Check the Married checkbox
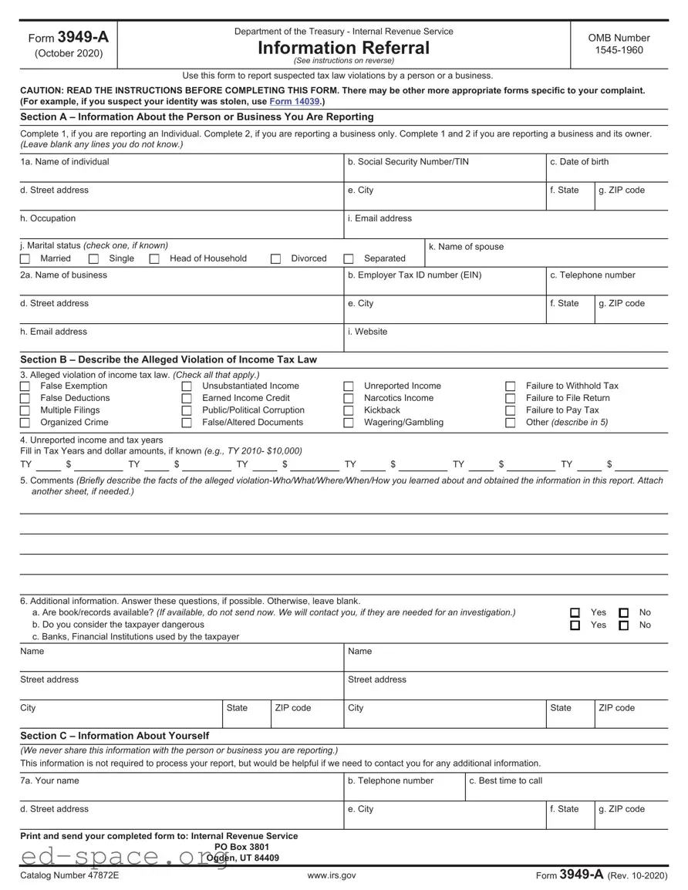25,259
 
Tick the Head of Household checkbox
154,259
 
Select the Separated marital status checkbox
349,259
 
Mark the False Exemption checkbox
25,386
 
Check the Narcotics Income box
349,399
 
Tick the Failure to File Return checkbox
510,399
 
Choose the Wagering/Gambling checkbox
349,423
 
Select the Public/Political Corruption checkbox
187,410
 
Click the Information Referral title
343,48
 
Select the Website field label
371,332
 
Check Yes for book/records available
575,613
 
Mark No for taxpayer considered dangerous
624,625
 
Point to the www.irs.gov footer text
332,875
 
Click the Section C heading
114,736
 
